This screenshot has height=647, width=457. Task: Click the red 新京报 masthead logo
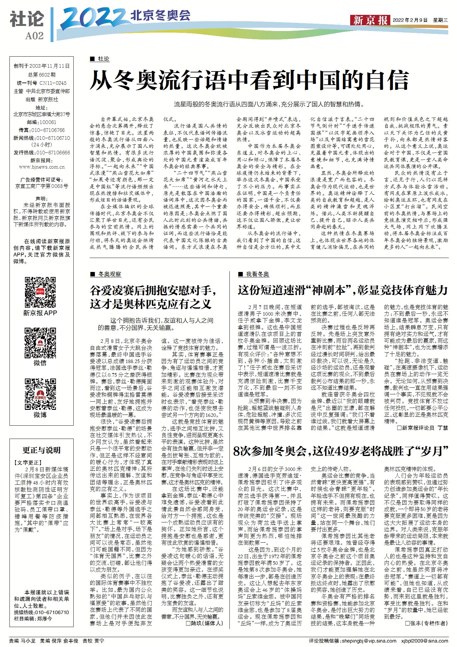[x=370, y=20]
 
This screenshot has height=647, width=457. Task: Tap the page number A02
[x=34, y=36]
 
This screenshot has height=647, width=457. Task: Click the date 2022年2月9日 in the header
[x=410, y=20]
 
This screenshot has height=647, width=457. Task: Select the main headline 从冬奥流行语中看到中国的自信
[x=249, y=81]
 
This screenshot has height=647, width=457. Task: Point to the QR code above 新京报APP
[x=40, y=292]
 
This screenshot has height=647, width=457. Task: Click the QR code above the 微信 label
[x=40, y=342]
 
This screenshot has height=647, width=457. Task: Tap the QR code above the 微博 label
[x=40, y=394]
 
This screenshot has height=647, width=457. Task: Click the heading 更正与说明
[x=41, y=450]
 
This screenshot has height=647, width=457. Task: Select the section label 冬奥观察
[x=109, y=274]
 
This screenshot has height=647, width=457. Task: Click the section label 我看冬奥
[x=257, y=274]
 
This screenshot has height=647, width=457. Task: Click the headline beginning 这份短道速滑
[x=343, y=290]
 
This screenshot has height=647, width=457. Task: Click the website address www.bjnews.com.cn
[x=42, y=167]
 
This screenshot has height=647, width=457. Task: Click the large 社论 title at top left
[x=27, y=19]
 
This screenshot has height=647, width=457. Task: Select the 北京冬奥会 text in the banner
[x=161, y=15]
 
